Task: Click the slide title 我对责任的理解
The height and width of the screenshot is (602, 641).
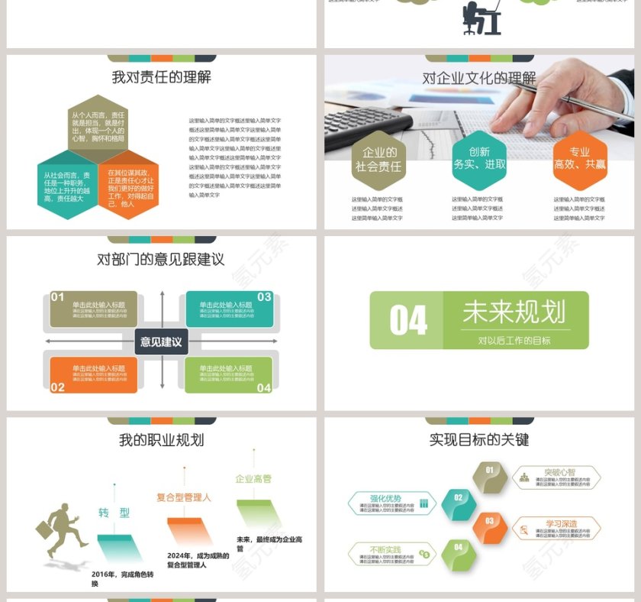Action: [161, 77]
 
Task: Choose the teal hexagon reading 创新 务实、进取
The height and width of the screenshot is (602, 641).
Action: [479, 159]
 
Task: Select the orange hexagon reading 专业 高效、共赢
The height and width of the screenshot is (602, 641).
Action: [580, 159]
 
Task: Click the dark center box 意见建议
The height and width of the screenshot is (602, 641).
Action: [161, 341]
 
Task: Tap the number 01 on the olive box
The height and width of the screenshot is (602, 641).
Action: [58, 297]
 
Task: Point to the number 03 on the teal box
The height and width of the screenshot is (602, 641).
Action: [264, 297]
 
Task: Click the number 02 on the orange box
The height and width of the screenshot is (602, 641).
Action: [58, 387]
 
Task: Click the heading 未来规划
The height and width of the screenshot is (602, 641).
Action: [514, 312]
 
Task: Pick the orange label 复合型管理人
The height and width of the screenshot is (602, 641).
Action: [184, 497]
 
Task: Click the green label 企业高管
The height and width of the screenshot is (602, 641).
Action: [253, 479]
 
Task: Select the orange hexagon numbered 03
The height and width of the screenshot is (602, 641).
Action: [490, 527]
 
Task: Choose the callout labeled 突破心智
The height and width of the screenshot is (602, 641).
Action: [557, 477]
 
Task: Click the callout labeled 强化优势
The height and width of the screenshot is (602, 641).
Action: [389, 502]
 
